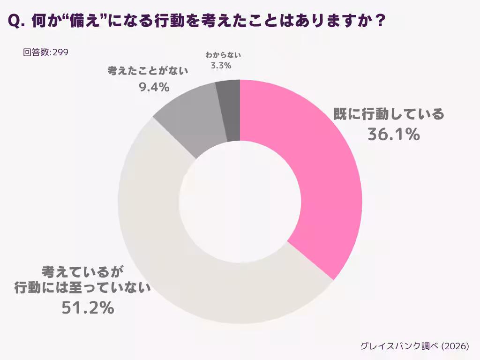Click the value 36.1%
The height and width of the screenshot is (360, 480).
pyautogui.click(x=393, y=135)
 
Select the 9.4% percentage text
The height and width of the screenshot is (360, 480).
pyautogui.click(x=154, y=87)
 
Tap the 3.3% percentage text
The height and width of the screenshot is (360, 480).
pyautogui.click(x=221, y=66)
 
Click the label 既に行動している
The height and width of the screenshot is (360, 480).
pyautogui.click(x=389, y=114)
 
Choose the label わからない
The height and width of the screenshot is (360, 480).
pyautogui.click(x=221, y=55)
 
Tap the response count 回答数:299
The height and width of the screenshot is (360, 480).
pyautogui.click(x=46, y=52)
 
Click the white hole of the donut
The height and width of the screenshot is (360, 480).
pyautogui.click(x=240, y=202)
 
